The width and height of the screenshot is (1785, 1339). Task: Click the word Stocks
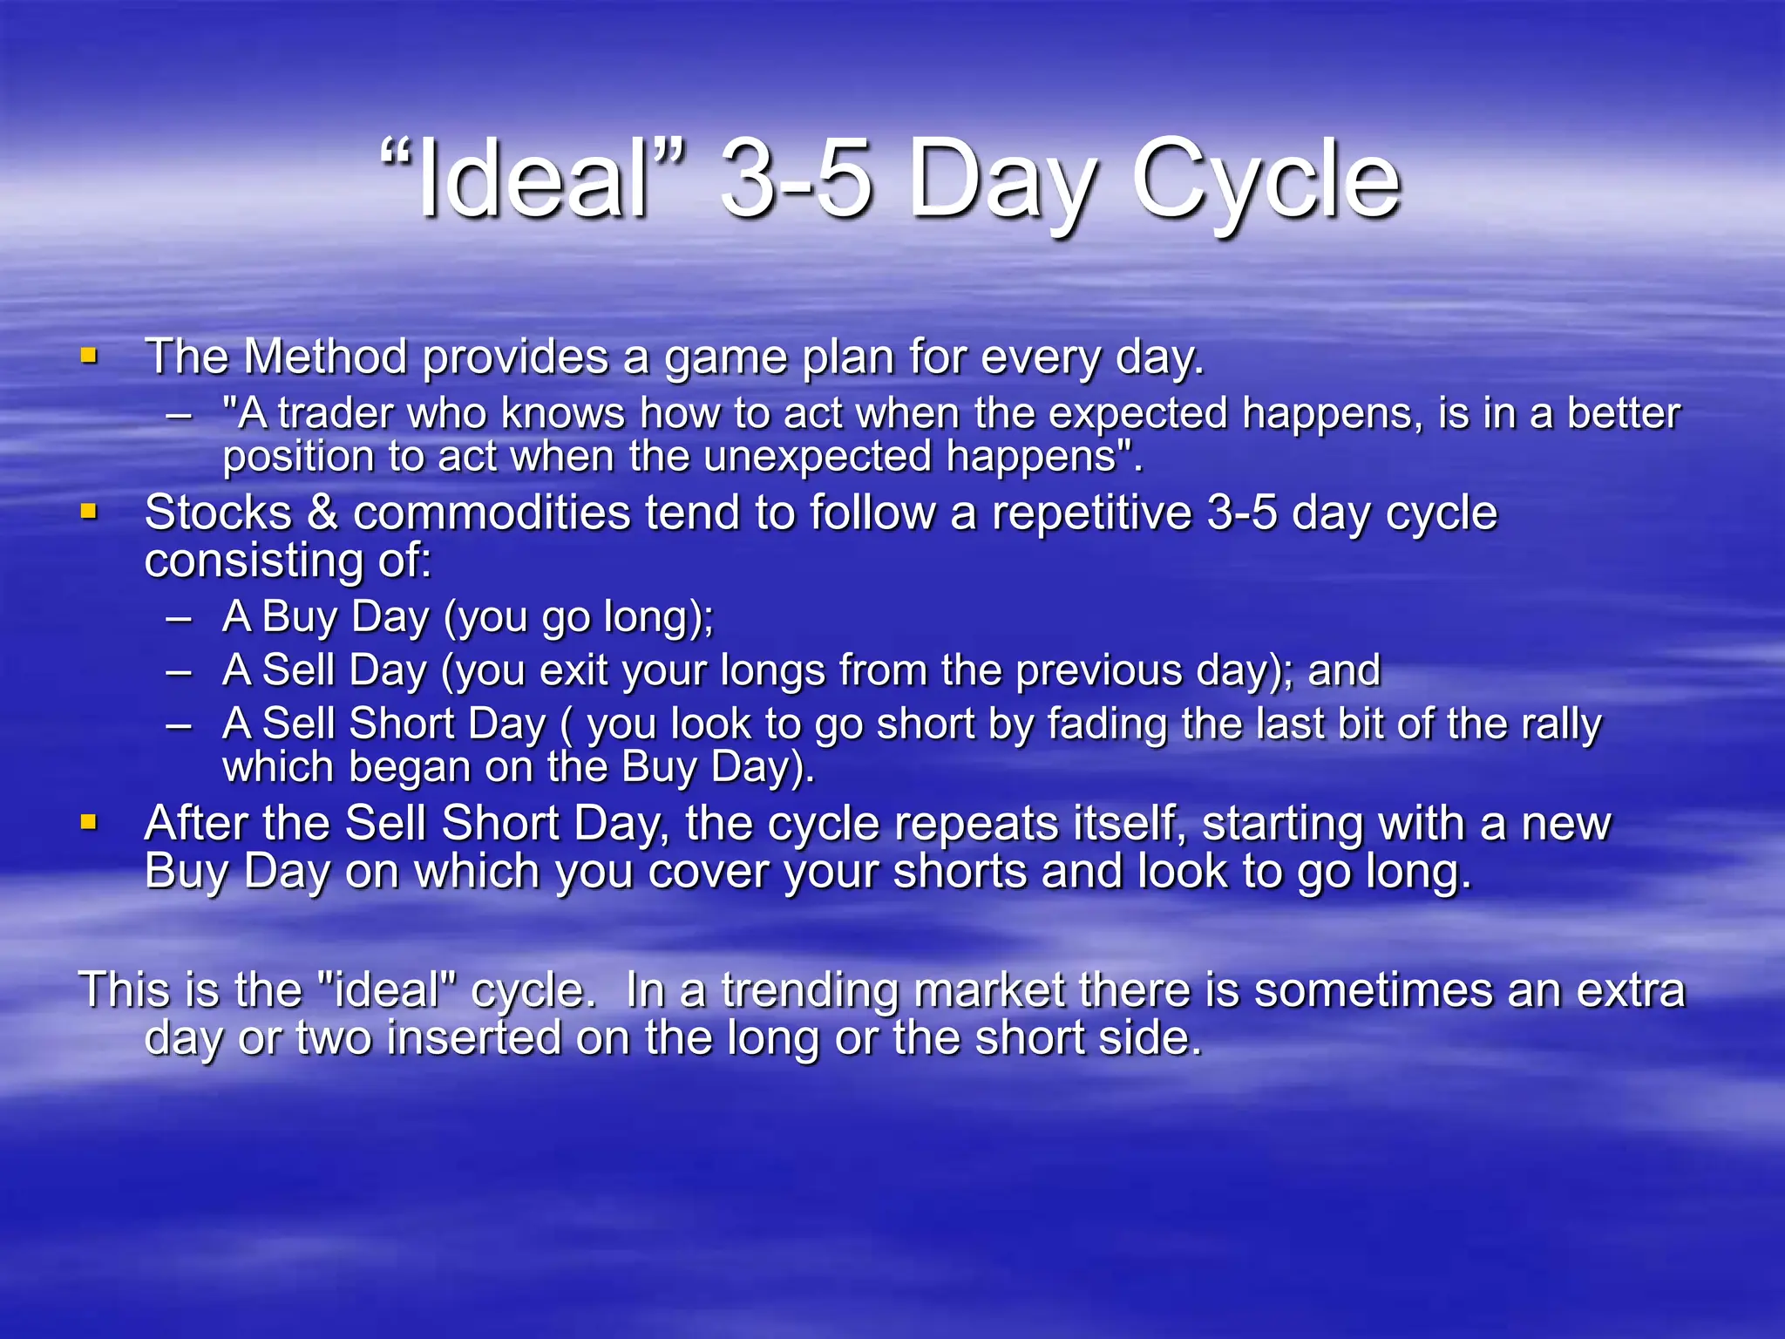click(x=218, y=513)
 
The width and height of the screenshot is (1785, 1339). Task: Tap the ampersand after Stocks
click(x=322, y=513)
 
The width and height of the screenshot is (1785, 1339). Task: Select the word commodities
click(x=491, y=513)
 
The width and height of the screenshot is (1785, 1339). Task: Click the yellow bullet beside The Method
click(x=89, y=356)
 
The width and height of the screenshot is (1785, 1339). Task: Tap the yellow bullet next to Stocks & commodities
click(x=89, y=511)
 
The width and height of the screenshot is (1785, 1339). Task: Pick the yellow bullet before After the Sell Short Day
click(x=89, y=822)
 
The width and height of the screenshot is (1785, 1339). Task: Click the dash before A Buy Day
click(x=180, y=618)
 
